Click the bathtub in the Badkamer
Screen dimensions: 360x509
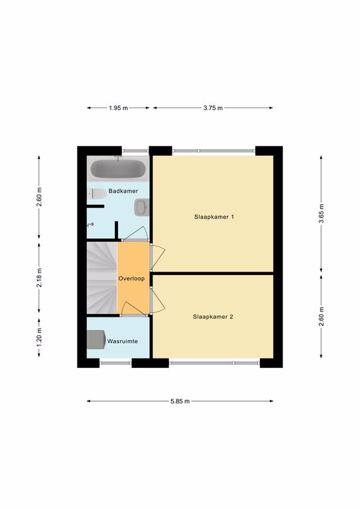click(x=118, y=169)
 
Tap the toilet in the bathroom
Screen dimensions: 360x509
click(x=97, y=194)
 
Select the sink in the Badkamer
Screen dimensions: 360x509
click(x=141, y=207)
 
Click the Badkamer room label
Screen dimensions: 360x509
click(x=123, y=191)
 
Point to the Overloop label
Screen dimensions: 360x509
click(x=131, y=278)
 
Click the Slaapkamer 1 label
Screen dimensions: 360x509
click(x=214, y=217)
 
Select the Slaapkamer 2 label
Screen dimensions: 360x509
click(x=213, y=317)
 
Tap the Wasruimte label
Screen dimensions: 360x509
click(x=123, y=341)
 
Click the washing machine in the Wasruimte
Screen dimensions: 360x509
click(x=96, y=339)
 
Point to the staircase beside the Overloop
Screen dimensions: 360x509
click(x=101, y=278)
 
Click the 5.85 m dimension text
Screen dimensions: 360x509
click(x=180, y=401)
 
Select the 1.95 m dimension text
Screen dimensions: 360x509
click(x=118, y=108)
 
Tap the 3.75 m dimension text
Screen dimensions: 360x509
click(x=213, y=108)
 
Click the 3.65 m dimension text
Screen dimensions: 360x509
click(x=321, y=213)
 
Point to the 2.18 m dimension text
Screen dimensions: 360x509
click(x=39, y=278)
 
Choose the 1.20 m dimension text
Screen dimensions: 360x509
click(x=39, y=337)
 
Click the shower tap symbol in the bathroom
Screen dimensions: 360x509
click(x=91, y=225)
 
